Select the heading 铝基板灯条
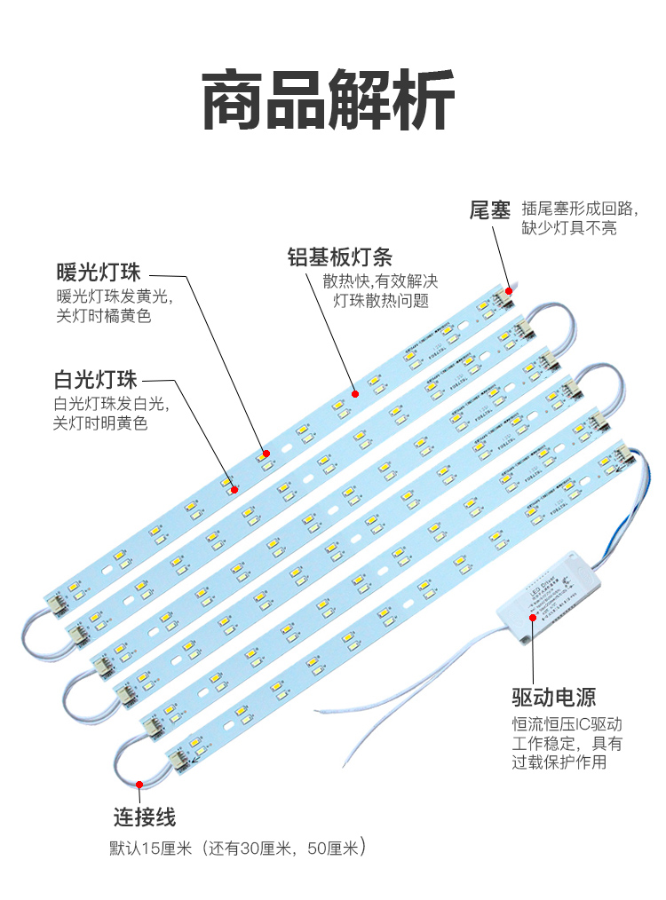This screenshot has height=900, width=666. pos(339,257)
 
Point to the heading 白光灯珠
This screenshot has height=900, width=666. pos(95,381)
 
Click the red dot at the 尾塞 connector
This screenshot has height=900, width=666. pos(510,290)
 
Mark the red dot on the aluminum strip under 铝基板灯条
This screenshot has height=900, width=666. pos(353,392)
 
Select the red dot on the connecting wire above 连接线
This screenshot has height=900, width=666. pos(140,784)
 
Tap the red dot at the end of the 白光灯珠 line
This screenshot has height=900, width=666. pos(234,489)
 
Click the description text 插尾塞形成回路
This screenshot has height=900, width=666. pos(580,209)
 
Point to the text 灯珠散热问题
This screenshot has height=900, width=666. pos(381,301)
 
